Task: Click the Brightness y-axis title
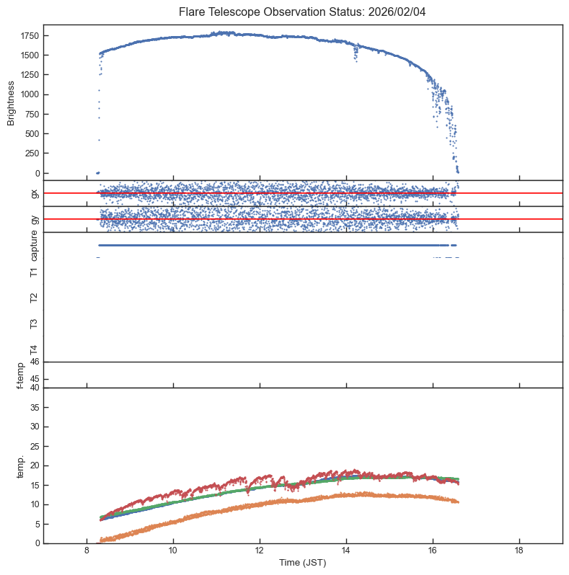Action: click(x=12, y=104)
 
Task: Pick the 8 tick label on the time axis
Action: click(x=87, y=551)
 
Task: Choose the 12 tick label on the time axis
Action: click(x=260, y=551)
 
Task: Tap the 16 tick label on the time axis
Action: click(x=433, y=551)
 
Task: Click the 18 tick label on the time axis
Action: click(x=519, y=551)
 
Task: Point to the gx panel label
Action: click(x=33, y=193)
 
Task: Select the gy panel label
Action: click(x=33, y=219)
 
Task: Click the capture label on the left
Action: click(x=33, y=245)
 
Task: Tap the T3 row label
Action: click(x=33, y=323)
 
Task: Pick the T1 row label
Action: click(x=33, y=272)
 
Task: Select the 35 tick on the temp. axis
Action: click(x=35, y=407)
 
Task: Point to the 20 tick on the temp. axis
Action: click(x=35, y=465)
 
